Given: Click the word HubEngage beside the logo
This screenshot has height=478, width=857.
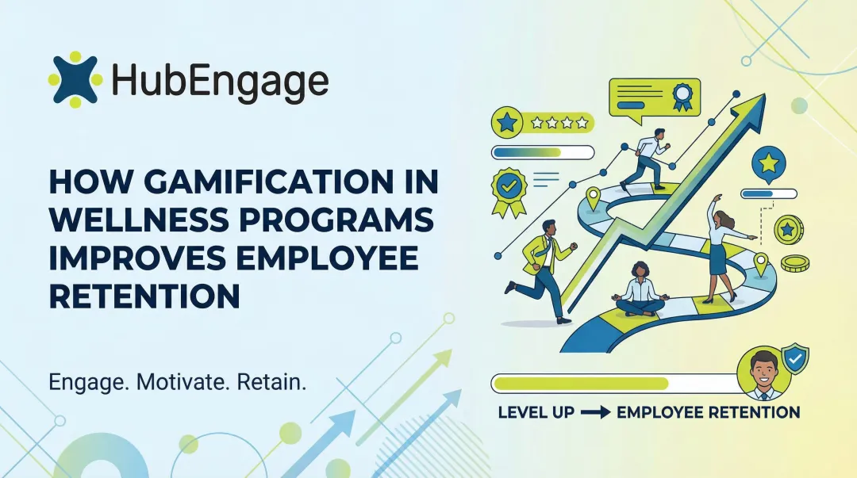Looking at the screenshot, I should [220, 81].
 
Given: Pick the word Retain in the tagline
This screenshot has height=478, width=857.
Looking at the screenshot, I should [272, 382].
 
